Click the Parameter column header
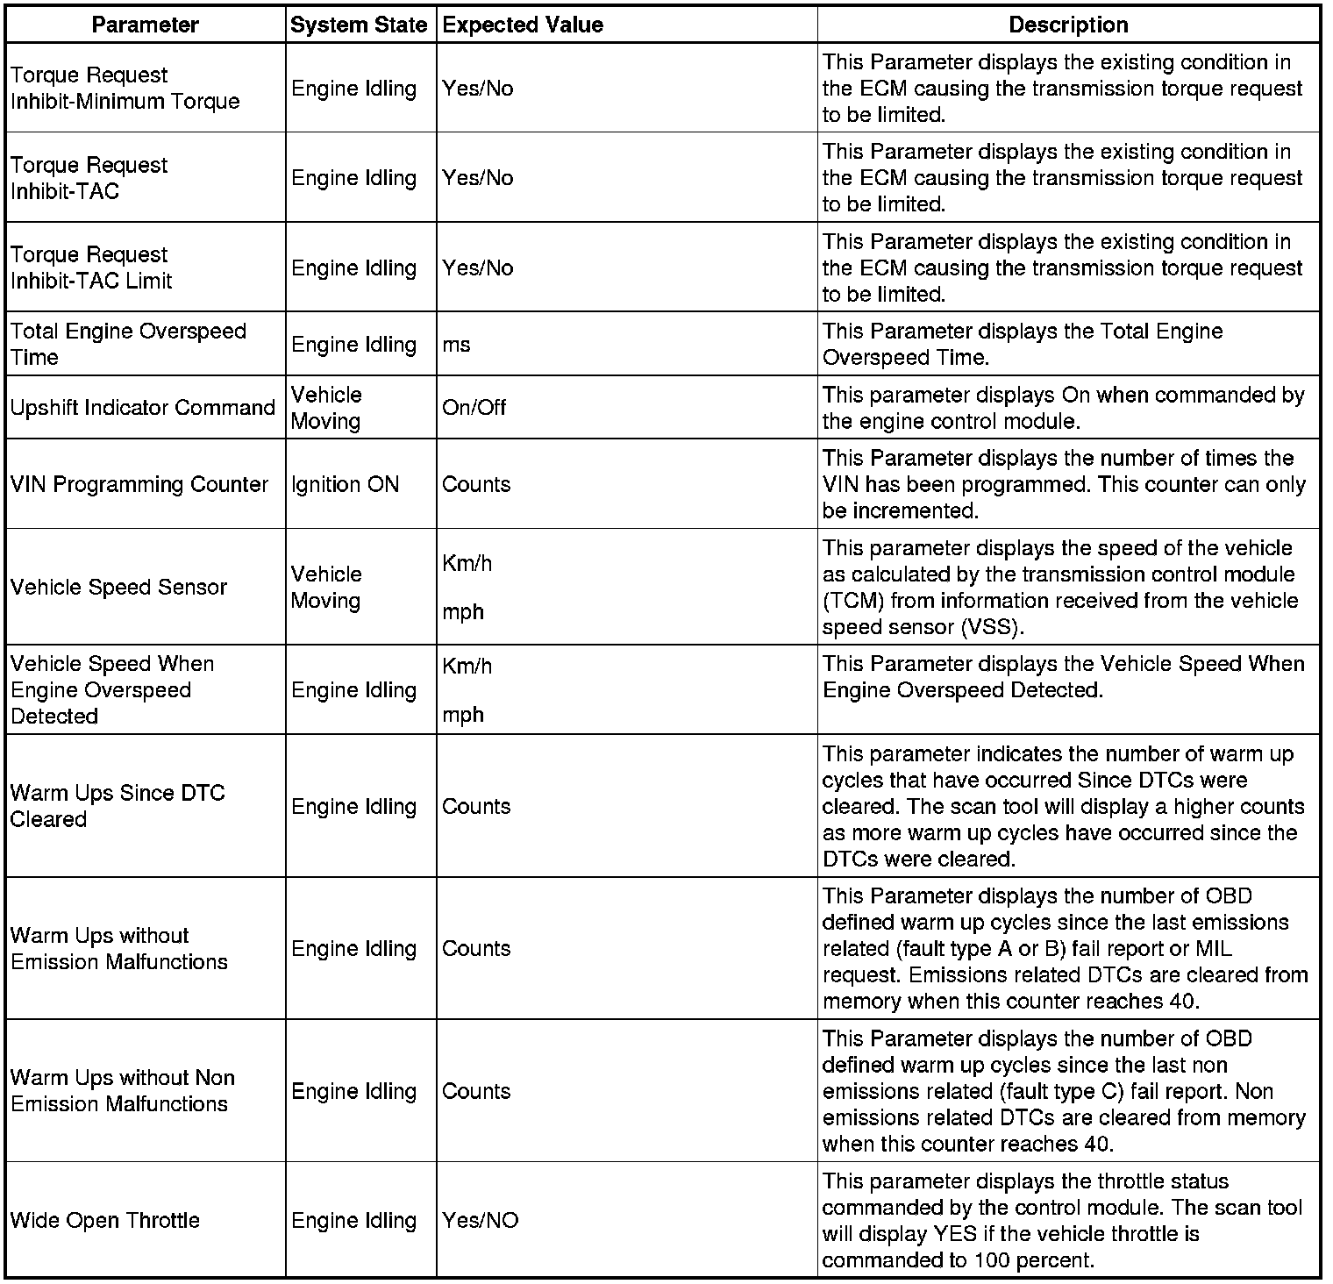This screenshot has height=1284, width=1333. coord(145,25)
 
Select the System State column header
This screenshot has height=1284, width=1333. coord(359,25)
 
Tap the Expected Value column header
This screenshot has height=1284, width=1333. coord(523,25)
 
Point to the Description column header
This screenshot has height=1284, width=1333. coord(1068,25)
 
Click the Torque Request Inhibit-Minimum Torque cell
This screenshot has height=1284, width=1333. coord(125,89)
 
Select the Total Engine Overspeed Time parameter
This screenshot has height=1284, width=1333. coord(128,345)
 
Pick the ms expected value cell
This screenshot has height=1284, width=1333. coord(457,345)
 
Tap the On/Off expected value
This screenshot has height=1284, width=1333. coord(474,408)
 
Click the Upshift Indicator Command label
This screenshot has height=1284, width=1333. coord(143,408)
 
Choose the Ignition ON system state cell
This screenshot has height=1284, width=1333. coord(345,484)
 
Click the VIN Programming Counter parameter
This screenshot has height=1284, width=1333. coord(139,484)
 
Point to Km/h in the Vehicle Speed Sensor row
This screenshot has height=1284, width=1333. coord(467,563)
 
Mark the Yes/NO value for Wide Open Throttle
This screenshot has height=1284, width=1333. coord(480,1220)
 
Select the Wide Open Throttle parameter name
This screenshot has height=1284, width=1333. coord(105,1220)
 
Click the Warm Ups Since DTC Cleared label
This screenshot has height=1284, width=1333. coord(118,806)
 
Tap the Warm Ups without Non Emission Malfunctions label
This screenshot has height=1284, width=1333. coord(123,1091)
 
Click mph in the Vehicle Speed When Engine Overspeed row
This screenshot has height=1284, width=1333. coord(463,715)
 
